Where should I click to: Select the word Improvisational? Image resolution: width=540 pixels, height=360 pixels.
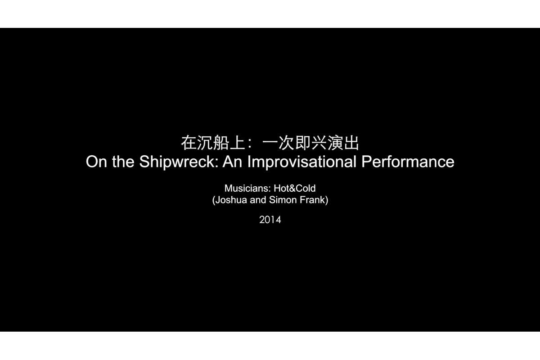tap(302, 162)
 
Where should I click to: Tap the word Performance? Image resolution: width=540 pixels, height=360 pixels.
tap(408, 162)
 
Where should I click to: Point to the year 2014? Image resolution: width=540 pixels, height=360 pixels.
tap(270, 220)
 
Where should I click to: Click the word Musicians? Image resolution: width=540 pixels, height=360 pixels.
tap(247, 188)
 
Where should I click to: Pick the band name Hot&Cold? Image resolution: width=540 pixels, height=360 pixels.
tap(295, 188)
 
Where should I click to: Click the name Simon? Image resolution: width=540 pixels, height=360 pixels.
tap(283, 200)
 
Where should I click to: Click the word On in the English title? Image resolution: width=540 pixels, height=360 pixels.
tap(96, 162)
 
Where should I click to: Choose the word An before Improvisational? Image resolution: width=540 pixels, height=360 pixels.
tap(232, 162)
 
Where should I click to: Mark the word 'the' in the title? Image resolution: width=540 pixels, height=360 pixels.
tap(123, 162)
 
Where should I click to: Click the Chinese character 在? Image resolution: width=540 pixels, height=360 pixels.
tap(189, 143)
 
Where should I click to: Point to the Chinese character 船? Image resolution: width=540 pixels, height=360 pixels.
tap(221, 143)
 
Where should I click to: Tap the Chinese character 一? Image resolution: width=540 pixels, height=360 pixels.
tap(270, 143)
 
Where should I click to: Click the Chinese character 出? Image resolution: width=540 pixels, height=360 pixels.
tap(351, 143)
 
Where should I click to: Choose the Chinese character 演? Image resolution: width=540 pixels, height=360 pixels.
tap(335, 143)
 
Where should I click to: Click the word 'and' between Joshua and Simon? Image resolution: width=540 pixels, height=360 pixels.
tap(258, 200)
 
